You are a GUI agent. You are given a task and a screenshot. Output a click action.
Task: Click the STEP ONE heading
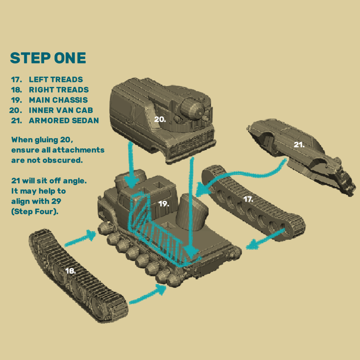pos(48,58)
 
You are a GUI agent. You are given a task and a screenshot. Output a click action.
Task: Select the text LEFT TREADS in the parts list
pos(56,80)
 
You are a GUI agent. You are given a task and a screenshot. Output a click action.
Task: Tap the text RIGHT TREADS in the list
pos(59,90)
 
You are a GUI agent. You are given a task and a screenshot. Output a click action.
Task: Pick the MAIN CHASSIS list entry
pos(58,100)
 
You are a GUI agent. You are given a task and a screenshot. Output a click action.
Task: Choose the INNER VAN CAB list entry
pos(61,110)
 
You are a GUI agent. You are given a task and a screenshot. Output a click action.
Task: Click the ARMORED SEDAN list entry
pos(64,121)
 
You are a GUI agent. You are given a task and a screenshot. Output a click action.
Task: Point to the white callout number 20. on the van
pos(160,120)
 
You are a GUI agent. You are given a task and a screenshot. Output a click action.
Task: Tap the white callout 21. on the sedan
pos(299,145)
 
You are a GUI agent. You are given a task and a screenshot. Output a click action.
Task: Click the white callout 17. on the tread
pos(248,199)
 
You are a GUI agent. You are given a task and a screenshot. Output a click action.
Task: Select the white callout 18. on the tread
pos(71,271)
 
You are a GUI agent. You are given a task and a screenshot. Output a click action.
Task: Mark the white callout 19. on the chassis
pos(164,204)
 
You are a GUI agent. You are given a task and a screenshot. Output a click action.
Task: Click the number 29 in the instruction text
pos(56,201)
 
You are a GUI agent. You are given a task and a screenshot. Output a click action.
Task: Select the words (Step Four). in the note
pos(35,211)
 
